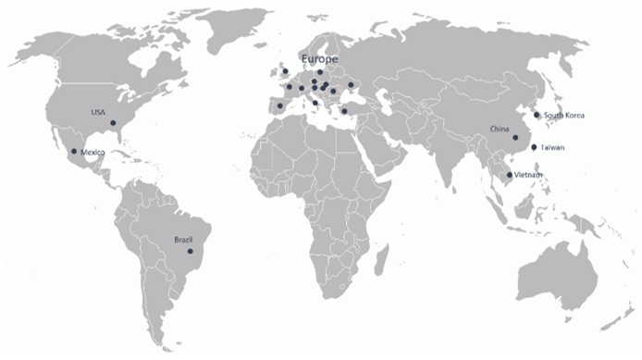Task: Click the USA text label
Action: pos(98,112)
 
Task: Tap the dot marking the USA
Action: pos(113,123)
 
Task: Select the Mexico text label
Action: pos(93,152)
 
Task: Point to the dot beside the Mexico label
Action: pos(74,151)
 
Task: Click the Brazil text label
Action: pos(183,240)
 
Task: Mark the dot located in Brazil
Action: pos(190,251)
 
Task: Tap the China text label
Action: pos(500,129)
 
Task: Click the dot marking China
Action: pos(515,137)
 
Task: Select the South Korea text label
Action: pos(564,115)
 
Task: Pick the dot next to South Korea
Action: pos(537,116)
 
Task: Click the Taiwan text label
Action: pos(553,148)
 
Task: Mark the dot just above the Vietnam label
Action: pos(509,174)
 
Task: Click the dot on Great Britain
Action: pos(285,71)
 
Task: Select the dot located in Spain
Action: pos(279,106)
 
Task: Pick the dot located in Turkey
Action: pos(344,111)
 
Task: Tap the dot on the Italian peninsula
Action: pos(315,103)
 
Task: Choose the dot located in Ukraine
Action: pos(351,85)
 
